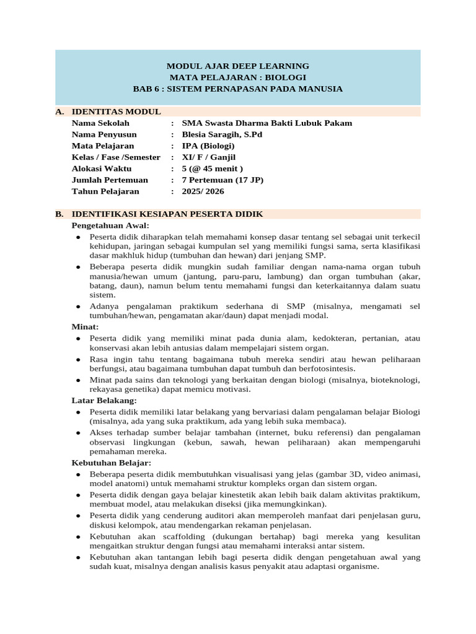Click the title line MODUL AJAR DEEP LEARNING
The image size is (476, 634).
237,66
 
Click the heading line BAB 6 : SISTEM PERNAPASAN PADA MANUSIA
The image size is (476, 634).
237,89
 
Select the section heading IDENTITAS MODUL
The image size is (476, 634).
117,111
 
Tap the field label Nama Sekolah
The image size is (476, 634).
100,123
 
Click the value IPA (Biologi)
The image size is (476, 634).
208,145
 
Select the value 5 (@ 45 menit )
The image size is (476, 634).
212,168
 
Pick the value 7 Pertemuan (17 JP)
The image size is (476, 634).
223,180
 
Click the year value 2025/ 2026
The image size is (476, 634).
203,191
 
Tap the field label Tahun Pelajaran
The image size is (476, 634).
105,191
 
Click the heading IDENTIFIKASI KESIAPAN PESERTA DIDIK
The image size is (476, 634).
167,214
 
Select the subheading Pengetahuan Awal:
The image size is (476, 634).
110,225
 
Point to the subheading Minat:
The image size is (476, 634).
85,326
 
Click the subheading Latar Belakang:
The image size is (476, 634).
104,401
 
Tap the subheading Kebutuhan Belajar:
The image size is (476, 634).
112,462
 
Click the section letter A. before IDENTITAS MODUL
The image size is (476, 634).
59,111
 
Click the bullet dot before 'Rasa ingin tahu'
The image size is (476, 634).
78,359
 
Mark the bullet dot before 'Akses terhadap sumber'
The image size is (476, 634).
78,432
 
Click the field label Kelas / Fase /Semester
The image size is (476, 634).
116,157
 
